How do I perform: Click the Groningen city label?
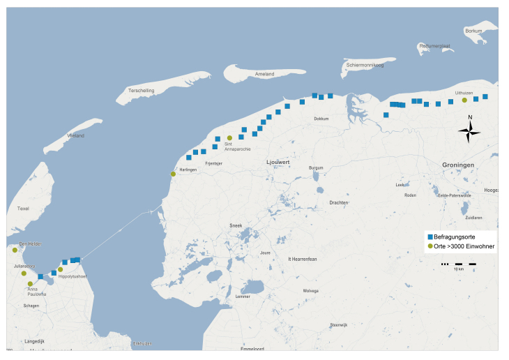(458, 165)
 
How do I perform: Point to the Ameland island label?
(264, 74)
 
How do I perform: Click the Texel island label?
(23, 209)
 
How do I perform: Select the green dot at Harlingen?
(173, 174)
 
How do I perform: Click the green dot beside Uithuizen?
(464, 100)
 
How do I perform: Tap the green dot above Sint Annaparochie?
(229, 138)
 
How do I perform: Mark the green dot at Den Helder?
(15, 250)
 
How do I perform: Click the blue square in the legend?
(430, 237)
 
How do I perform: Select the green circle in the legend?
(430, 246)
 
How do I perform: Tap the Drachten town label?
(339, 203)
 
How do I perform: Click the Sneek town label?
(236, 226)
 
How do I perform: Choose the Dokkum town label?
(321, 119)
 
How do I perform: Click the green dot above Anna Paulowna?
(30, 284)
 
